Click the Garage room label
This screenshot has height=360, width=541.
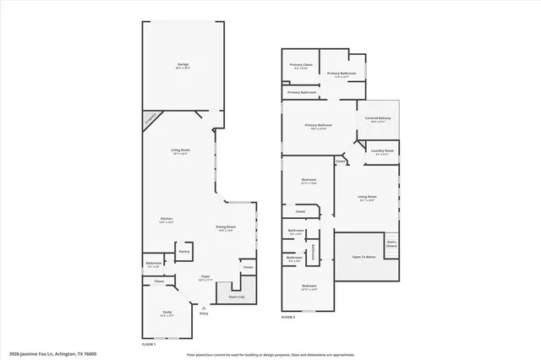point(183,65)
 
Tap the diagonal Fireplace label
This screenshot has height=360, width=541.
point(150,119)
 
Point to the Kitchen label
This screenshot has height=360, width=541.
point(167,219)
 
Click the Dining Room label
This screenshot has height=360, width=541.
point(226,226)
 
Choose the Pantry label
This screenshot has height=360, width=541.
point(183,251)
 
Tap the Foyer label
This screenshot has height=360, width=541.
point(205,276)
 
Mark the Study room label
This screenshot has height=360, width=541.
point(166,314)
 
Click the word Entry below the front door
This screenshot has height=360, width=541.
point(204,314)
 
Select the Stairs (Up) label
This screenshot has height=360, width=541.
point(237,297)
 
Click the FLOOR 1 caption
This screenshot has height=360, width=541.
point(149,344)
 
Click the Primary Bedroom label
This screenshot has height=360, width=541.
point(319,125)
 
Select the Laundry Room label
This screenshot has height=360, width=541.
point(381,152)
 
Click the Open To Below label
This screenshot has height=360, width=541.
point(364,257)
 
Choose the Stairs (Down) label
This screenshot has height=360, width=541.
point(391,243)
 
